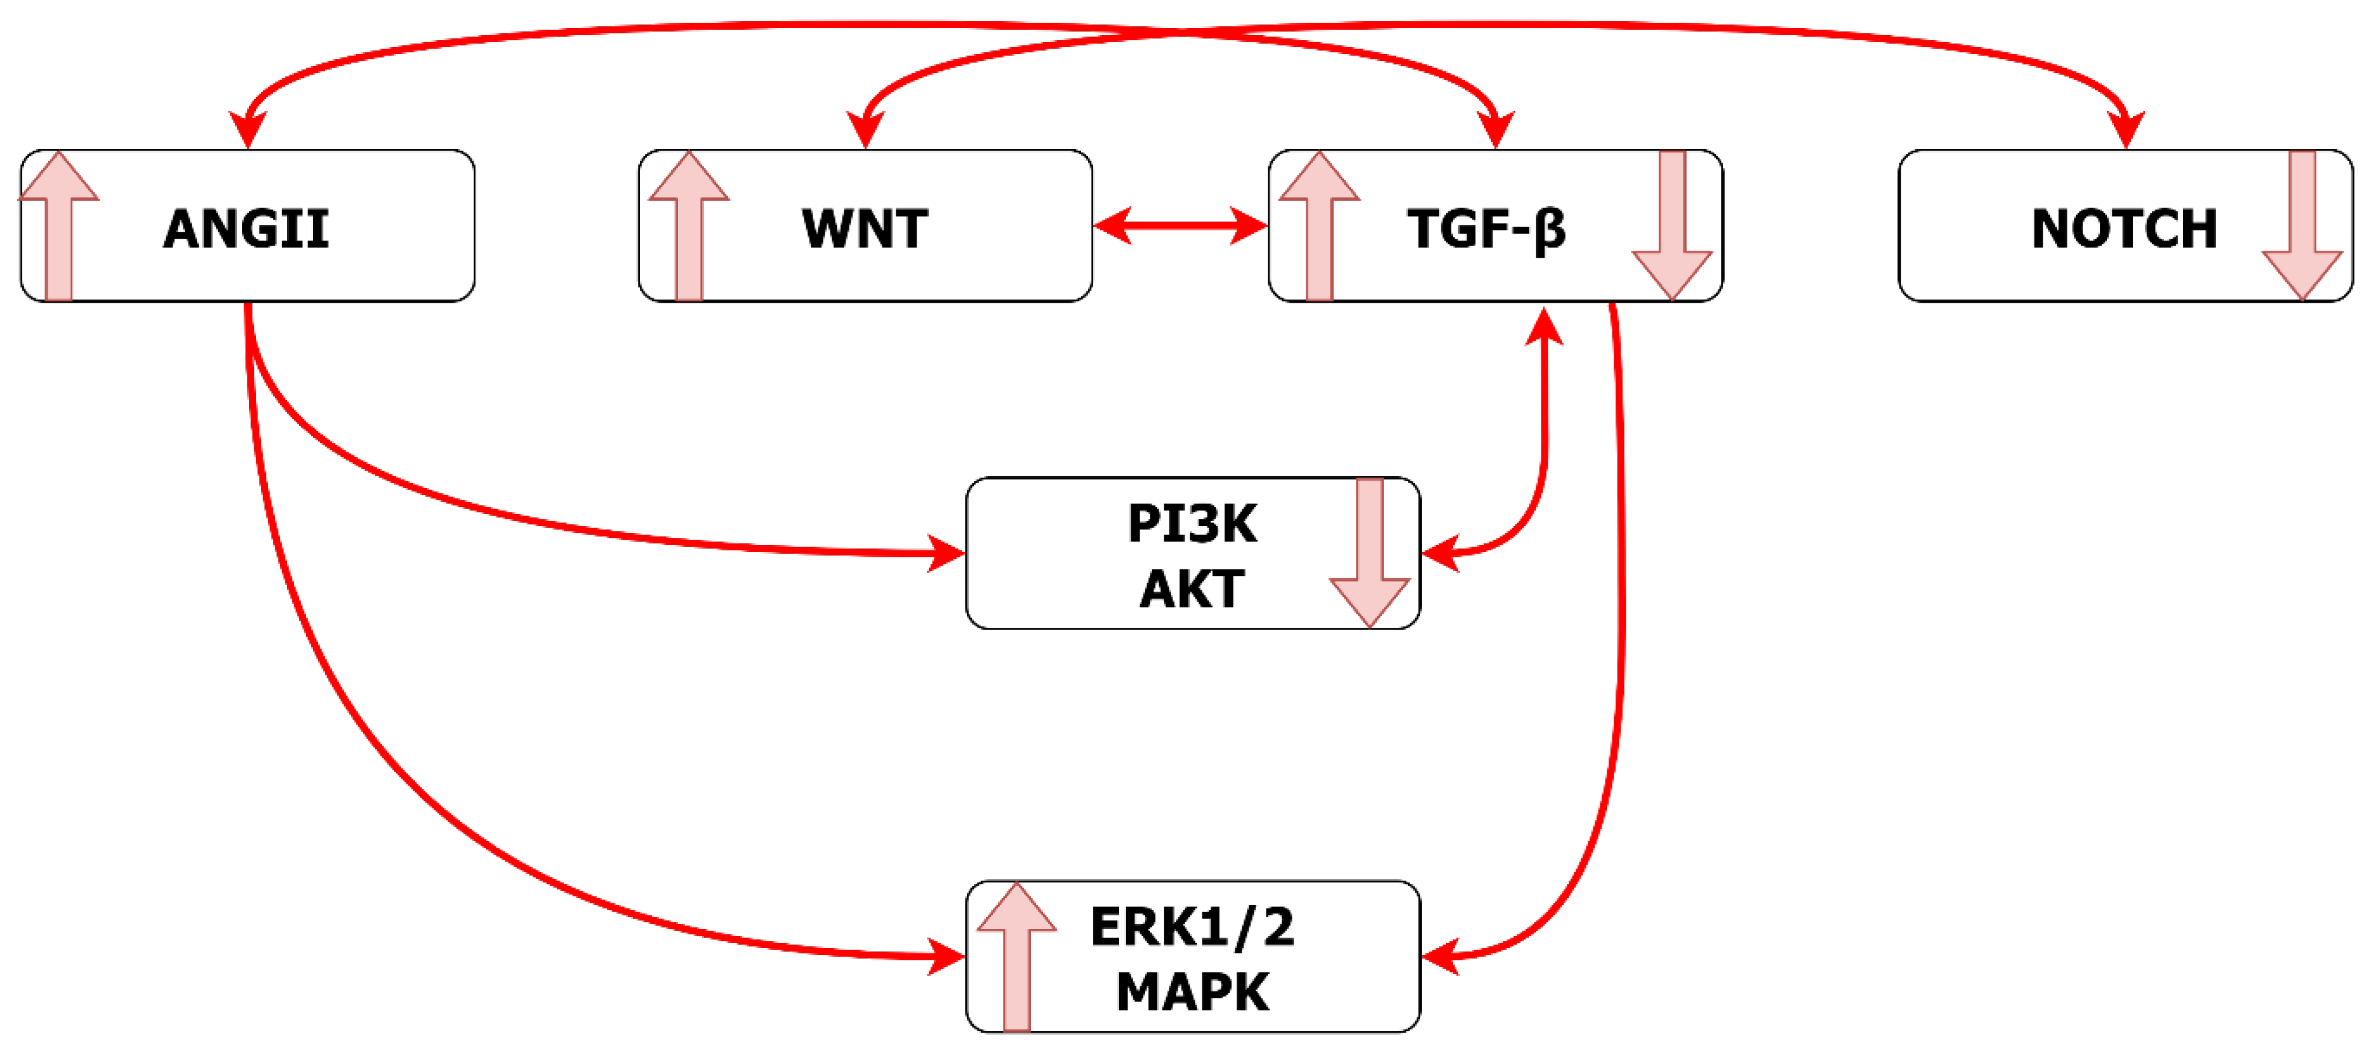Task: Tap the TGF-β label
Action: point(1485,228)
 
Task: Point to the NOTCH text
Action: point(2123,228)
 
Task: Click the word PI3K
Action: point(1192,524)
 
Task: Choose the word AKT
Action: point(1192,589)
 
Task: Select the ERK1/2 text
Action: point(1192,927)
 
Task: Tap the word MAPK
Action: point(1192,992)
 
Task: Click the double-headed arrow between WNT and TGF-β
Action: point(1180,225)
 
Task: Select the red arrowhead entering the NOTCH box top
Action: point(2125,128)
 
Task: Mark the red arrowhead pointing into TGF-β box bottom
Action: point(1544,327)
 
